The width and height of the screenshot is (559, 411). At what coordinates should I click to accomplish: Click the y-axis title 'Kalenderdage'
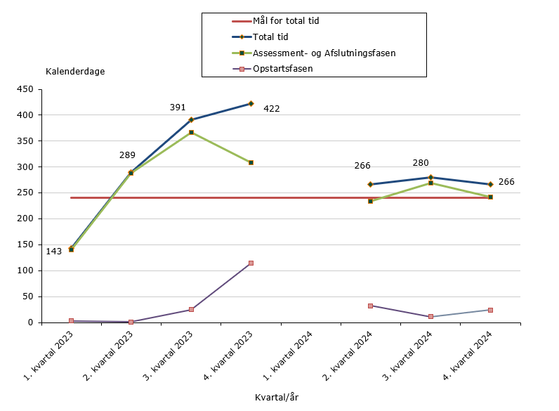(75, 72)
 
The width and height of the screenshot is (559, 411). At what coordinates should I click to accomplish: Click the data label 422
(272, 109)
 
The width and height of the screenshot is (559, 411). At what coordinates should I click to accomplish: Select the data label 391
(178, 107)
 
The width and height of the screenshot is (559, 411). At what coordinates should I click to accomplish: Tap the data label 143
(54, 252)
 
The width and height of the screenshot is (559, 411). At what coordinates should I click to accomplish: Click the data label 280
(421, 163)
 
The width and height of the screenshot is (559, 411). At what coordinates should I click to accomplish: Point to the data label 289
(128, 155)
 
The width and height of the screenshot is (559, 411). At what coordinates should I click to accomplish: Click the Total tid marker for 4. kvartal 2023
(251, 103)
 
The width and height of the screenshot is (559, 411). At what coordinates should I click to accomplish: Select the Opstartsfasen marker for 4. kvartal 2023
(251, 263)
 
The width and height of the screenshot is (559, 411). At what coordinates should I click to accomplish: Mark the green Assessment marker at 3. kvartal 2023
(191, 132)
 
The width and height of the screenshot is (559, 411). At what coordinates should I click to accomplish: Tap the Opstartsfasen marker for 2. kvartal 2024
(370, 306)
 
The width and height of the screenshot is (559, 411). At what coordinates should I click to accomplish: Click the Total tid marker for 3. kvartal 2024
(430, 177)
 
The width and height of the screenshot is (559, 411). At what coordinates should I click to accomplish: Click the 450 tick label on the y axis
(26, 89)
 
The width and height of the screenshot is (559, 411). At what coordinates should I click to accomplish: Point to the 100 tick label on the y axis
(26, 270)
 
